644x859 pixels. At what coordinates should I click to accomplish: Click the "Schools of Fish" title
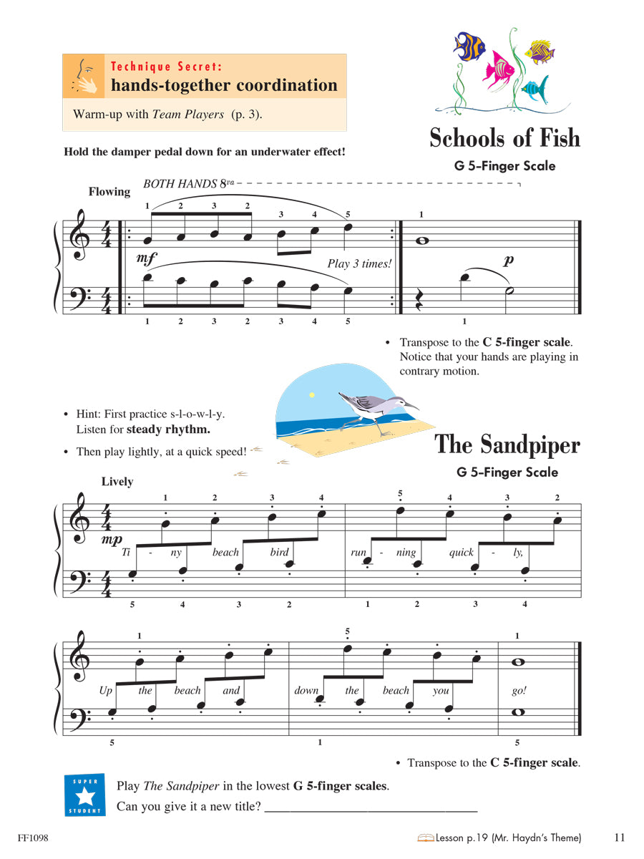click(x=504, y=137)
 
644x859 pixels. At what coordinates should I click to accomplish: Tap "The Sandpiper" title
click(x=507, y=445)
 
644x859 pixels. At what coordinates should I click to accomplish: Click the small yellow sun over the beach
click(x=311, y=394)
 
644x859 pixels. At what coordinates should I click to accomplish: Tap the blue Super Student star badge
click(x=84, y=795)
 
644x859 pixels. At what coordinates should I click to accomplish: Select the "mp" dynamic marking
click(x=112, y=539)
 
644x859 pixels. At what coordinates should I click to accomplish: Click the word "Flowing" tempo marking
click(x=109, y=191)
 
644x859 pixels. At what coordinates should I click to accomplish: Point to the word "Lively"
click(x=117, y=481)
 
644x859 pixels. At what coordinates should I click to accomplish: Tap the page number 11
click(x=620, y=837)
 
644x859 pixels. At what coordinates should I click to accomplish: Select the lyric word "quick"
click(x=462, y=552)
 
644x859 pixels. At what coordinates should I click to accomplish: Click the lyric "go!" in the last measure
click(x=519, y=691)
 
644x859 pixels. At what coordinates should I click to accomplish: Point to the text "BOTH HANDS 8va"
click(x=189, y=184)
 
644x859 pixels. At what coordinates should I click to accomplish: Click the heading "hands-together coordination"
click(x=224, y=85)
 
